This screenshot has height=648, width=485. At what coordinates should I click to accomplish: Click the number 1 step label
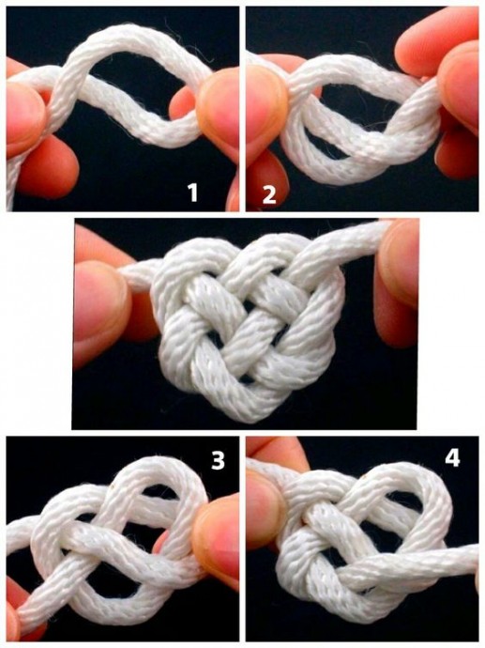192,193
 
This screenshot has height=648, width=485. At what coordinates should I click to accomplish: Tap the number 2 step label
268,195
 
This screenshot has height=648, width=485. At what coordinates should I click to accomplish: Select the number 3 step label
218,460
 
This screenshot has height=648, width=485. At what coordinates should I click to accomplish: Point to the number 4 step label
452,458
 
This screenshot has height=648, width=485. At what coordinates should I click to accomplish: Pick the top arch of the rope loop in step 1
136,38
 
